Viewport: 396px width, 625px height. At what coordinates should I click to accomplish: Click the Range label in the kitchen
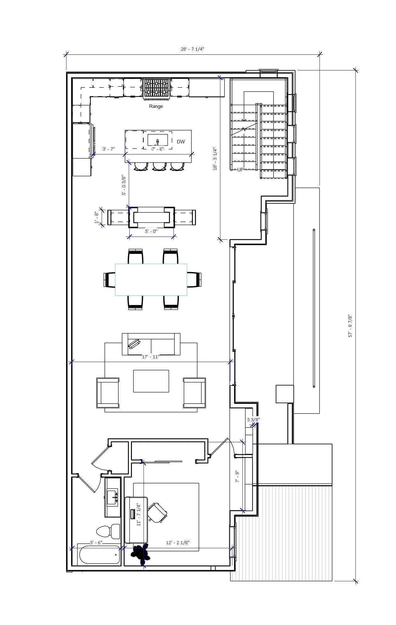(x=156, y=106)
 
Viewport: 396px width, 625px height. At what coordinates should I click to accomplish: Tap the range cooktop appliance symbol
(x=156, y=88)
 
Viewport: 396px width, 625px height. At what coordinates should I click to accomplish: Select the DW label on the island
(x=181, y=142)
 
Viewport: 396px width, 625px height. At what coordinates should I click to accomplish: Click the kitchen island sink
(x=157, y=140)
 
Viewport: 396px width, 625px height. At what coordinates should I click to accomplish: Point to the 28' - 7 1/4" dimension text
(x=192, y=49)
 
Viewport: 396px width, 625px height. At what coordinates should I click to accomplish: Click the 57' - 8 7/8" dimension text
(x=350, y=326)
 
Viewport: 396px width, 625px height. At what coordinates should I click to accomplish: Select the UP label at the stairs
(x=240, y=170)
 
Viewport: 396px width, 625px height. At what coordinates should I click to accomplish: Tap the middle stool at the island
(x=159, y=166)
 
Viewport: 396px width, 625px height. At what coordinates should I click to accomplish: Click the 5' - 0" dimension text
(x=151, y=231)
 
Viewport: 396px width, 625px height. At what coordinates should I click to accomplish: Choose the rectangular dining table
(x=151, y=280)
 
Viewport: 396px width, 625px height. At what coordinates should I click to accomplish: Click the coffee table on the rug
(x=151, y=381)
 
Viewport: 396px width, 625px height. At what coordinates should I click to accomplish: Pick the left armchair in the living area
(x=108, y=393)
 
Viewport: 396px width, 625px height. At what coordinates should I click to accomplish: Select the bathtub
(x=99, y=555)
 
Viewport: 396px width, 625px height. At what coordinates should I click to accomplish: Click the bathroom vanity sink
(x=112, y=497)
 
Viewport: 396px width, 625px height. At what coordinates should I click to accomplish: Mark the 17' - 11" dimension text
(x=151, y=357)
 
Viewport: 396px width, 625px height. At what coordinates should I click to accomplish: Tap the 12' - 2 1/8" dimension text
(x=178, y=542)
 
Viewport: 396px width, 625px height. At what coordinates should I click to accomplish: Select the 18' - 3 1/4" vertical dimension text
(x=215, y=159)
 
